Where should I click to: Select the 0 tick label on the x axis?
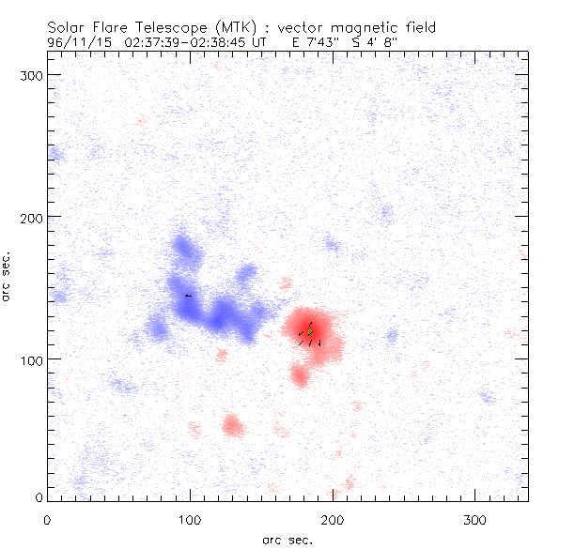click(x=47, y=518)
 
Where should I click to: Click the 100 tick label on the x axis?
click(x=190, y=518)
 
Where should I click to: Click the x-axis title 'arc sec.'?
click(x=287, y=540)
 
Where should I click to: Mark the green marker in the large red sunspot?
click(x=309, y=332)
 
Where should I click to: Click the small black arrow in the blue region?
click(x=188, y=296)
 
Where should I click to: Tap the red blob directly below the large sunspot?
click(x=300, y=375)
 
